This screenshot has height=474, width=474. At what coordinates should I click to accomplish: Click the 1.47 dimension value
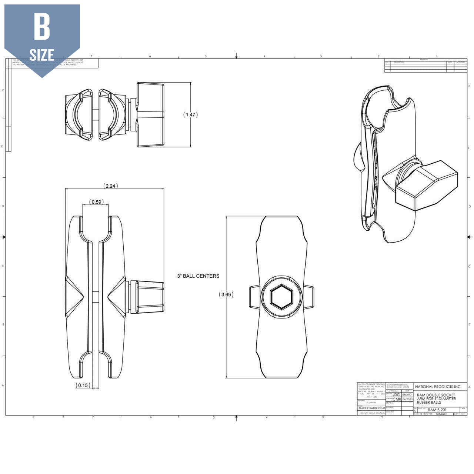pos(190,115)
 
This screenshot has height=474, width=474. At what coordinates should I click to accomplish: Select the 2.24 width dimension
pos(110,186)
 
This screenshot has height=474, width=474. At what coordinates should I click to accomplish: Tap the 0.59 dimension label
pos(96,202)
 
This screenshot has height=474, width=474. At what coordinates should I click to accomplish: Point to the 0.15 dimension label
pos(83,385)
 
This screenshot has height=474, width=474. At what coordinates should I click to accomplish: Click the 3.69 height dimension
pos(226,295)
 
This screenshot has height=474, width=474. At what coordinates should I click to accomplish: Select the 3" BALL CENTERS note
pos(198,276)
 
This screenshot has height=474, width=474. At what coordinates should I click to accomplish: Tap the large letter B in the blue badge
pos(42,27)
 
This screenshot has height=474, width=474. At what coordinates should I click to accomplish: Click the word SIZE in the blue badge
pos(42,55)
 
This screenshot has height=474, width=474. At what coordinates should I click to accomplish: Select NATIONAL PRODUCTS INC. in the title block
pos(438,387)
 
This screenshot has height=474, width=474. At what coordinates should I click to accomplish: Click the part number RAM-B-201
pos(437,410)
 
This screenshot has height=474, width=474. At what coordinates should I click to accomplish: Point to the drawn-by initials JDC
pos(396,395)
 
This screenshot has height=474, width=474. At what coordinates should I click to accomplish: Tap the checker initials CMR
pos(397,399)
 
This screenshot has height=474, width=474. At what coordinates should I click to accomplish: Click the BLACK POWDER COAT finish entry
pos(371,408)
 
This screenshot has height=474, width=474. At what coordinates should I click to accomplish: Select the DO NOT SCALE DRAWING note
pos(371,413)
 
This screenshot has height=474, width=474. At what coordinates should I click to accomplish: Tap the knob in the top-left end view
pos(150,115)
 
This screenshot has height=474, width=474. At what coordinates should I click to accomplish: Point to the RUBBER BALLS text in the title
pos(429,403)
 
